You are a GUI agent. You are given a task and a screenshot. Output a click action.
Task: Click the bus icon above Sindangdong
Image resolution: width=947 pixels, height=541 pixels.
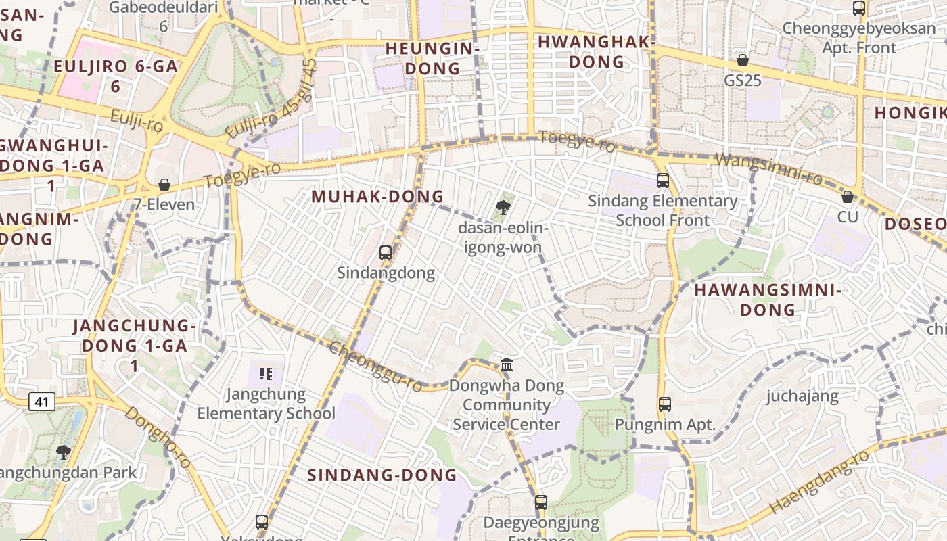coord(386,253)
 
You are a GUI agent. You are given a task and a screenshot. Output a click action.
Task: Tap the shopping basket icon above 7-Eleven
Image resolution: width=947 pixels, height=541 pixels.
coord(164,185)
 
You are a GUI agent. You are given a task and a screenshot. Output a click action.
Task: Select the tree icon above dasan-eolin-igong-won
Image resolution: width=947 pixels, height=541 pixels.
coord(503,208)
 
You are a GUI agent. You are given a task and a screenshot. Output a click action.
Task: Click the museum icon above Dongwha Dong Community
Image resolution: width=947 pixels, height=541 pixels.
coord(507,366)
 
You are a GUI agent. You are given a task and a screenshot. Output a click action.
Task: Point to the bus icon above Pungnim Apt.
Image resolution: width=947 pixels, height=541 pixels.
coord(665,404)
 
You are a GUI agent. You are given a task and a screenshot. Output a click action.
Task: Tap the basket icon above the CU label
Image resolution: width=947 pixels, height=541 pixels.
coord(847,197)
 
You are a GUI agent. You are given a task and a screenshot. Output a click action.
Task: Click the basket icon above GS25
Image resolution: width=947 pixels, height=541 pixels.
coord(743,60)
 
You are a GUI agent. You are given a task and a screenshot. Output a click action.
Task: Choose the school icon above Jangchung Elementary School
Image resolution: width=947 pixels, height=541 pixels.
coord(266,373)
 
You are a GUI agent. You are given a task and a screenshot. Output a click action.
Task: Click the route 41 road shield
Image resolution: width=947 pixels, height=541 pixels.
coord(42,402)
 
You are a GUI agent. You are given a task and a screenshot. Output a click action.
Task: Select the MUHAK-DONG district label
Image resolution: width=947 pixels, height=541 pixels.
coord(377,197)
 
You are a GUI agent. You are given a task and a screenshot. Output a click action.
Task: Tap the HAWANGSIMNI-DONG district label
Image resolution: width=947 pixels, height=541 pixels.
coord(768,300)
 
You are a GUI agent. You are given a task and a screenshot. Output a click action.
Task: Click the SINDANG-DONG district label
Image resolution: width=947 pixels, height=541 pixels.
coord(382,475)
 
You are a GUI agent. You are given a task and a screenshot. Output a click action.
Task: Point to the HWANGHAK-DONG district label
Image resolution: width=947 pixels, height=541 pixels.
coord(597,51)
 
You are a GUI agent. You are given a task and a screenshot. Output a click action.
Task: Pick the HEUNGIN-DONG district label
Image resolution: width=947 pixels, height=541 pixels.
coord(432,58)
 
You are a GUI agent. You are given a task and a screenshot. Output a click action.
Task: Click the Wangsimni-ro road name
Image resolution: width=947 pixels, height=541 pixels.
coord(768,169)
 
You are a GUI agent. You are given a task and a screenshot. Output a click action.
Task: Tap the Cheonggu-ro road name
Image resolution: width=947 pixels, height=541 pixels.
coord(375,366)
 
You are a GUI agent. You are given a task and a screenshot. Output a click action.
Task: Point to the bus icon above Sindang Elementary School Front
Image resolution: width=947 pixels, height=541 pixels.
coord(663,181)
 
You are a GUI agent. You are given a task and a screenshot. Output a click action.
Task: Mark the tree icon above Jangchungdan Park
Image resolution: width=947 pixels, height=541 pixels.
coord(64,452)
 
